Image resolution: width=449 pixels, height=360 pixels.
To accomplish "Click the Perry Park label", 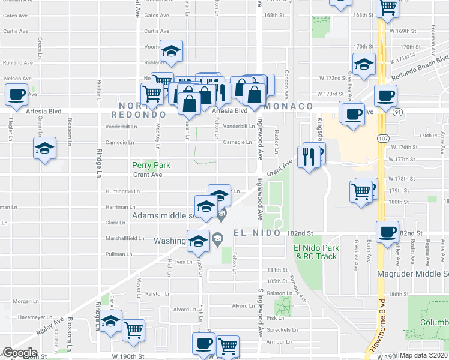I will [x=151, y=165].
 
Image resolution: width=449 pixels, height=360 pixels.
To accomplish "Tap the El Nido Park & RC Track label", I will [x=316, y=252].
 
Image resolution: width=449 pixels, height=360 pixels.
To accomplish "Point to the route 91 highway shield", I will [x=399, y=111].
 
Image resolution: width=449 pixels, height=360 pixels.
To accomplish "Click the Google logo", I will [x=20, y=353].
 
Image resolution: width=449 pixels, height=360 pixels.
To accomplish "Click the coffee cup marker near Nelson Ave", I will [x=16, y=94].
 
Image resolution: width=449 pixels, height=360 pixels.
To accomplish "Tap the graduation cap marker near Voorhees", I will [x=171, y=52].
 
